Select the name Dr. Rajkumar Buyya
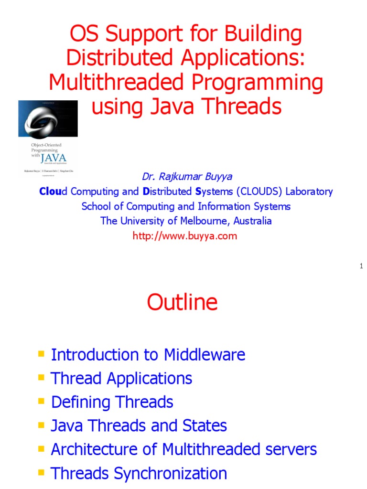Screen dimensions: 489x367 point(187,177)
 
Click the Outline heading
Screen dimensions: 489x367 point(182,302)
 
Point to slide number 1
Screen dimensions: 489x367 point(362,266)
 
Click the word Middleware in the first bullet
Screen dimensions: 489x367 point(205,355)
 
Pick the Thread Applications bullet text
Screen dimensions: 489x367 point(121,378)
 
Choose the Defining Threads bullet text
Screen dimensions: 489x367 point(112,402)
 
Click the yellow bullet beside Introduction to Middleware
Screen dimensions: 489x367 point(41,354)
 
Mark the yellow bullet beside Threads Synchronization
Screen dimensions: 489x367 point(41,472)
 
